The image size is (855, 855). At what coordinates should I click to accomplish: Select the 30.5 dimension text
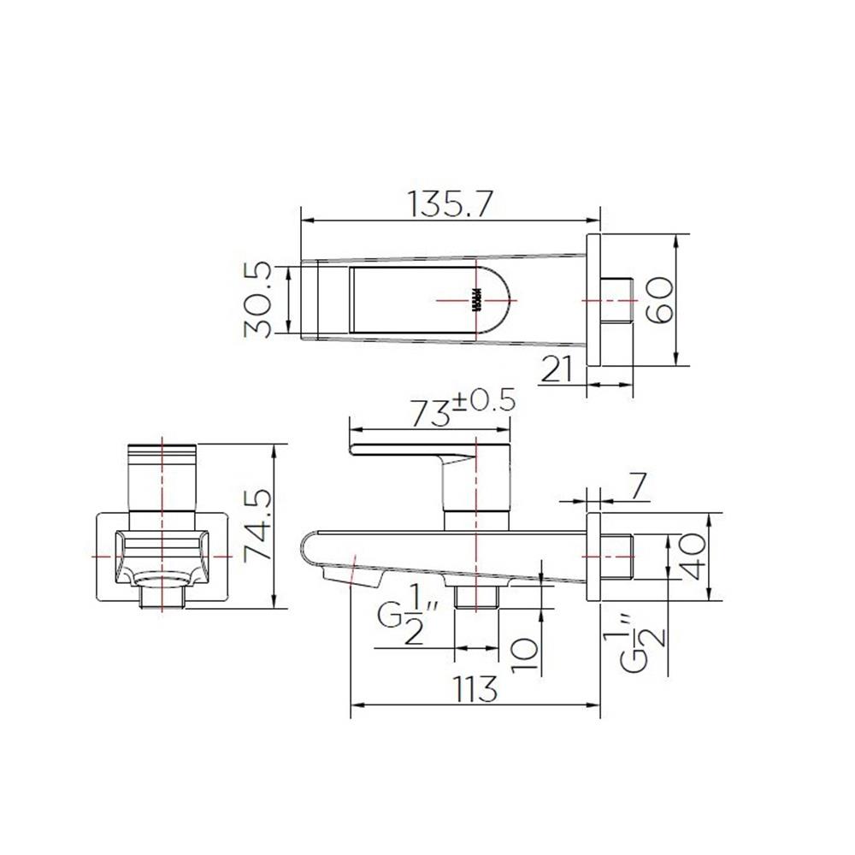coord(260,300)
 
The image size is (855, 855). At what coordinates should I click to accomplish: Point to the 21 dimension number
coord(557,370)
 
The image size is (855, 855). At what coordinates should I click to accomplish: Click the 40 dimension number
coord(692,556)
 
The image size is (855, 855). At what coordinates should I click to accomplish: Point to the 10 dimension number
coord(525,652)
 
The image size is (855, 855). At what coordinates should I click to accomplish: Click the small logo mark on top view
coord(476,300)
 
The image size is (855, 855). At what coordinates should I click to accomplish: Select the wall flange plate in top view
coord(594,300)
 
